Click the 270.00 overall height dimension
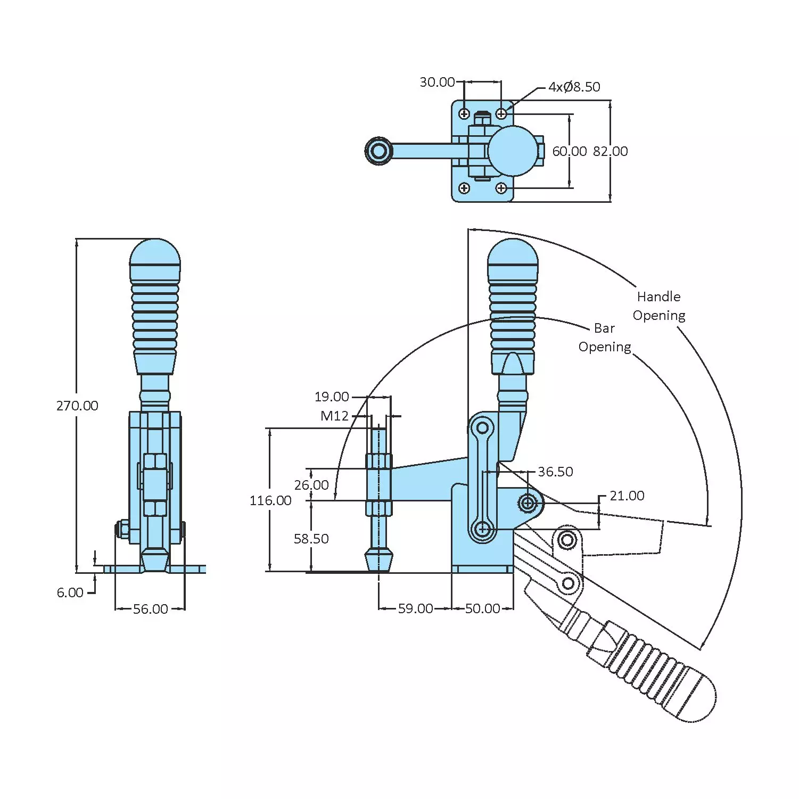pyautogui.click(x=77, y=406)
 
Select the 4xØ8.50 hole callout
pyautogui.click(x=574, y=87)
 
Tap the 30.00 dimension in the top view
pyautogui.click(x=437, y=82)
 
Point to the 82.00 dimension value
pyautogui.click(x=611, y=151)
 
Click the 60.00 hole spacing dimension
pyautogui.click(x=569, y=151)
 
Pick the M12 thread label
pyautogui.click(x=334, y=416)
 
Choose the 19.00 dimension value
pyautogui.click(x=332, y=397)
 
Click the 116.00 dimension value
pyautogui.click(x=270, y=500)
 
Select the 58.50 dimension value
pyautogui.click(x=311, y=539)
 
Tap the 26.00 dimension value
pyautogui.click(x=311, y=485)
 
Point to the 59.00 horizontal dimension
pyautogui.click(x=415, y=608)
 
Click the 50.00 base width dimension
pyautogui.click(x=482, y=608)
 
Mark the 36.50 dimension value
pyautogui.click(x=555, y=472)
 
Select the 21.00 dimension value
pyautogui.click(x=627, y=496)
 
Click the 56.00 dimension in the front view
pyautogui.click(x=150, y=609)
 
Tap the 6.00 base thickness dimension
pyautogui.click(x=70, y=592)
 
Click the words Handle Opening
pyautogui.click(x=659, y=306)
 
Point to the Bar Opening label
pyautogui.click(x=605, y=337)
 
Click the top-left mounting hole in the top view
pyautogui.click(x=464, y=114)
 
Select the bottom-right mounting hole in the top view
pyautogui.click(x=501, y=188)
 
